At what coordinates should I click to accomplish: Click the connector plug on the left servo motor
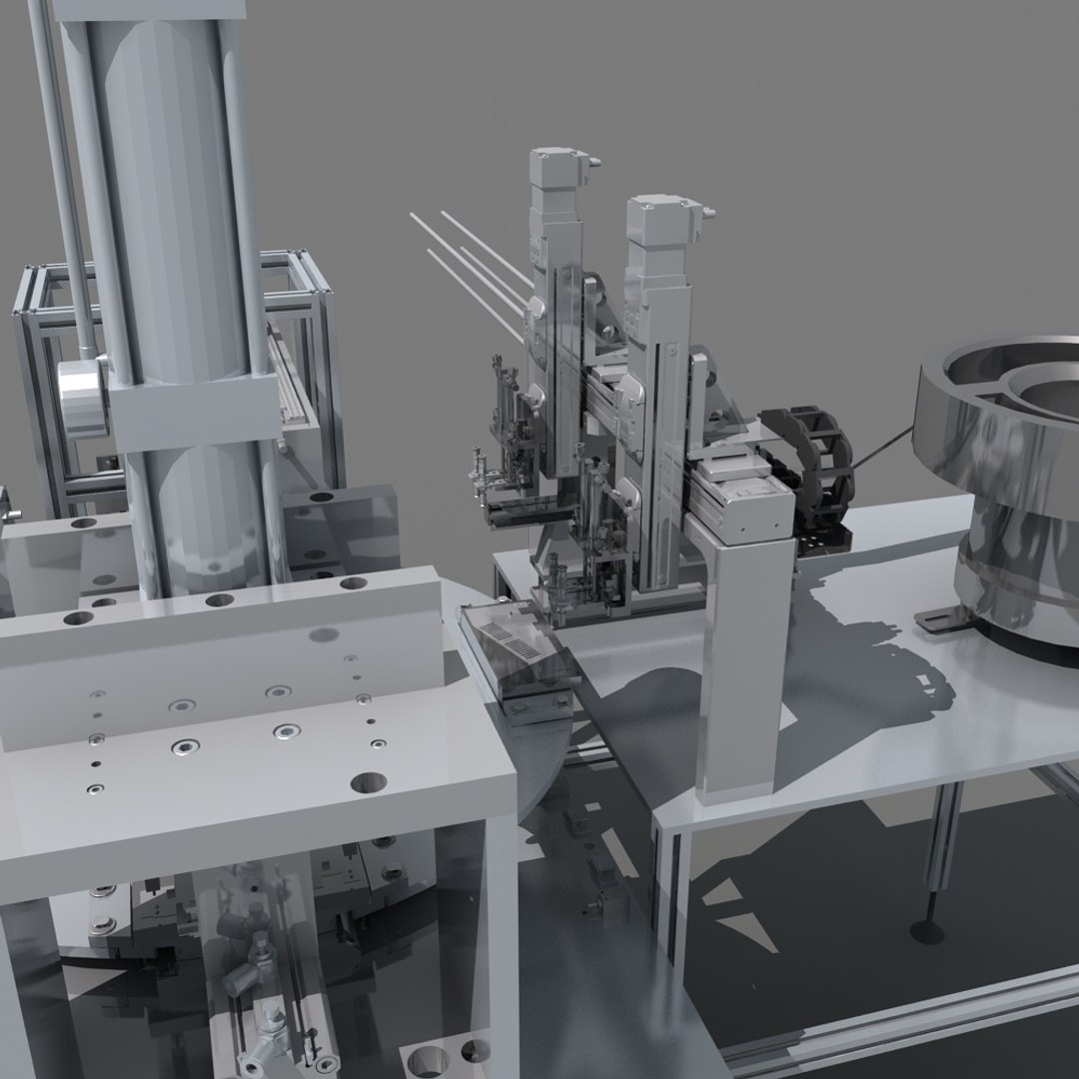point(595,160)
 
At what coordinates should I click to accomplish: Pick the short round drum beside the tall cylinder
point(82,398)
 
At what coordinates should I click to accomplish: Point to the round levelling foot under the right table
point(927,931)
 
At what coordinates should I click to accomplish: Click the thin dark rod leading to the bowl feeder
point(879,450)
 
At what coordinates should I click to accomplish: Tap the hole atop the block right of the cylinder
point(321,497)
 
